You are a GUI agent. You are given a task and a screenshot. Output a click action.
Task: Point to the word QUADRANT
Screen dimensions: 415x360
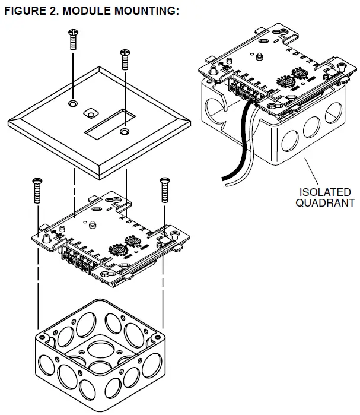coord(326,203)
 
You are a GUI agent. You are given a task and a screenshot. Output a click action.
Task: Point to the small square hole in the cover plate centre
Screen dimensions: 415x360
coord(91,111)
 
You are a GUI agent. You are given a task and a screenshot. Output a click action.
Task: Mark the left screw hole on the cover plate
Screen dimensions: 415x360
coord(72,104)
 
